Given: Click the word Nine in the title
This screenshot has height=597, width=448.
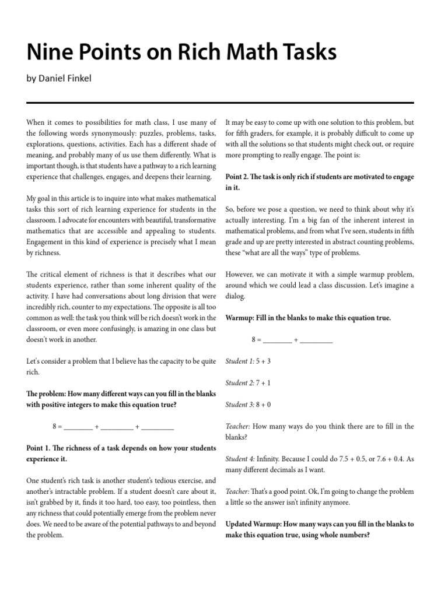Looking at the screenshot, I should pos(48,52).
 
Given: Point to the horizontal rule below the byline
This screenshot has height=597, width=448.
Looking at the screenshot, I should pos(220,103).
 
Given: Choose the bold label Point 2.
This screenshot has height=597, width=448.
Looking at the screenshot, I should pos(240,177).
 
